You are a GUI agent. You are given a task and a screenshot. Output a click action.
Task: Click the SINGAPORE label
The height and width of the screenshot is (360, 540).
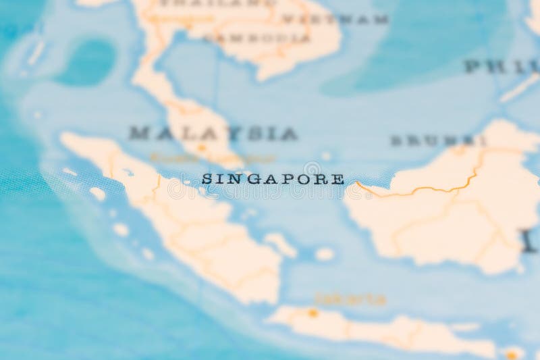click(273, 180)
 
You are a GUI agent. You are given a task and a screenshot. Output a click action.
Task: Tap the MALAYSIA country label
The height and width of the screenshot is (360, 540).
click(213, 133)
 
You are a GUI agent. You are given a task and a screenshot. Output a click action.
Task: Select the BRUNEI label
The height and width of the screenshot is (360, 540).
click(437, 140)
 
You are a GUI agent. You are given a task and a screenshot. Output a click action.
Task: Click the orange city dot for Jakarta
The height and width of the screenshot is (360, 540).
click(313, 313)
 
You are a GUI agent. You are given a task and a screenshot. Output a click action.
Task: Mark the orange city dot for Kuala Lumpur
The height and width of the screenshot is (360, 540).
click(201, 147)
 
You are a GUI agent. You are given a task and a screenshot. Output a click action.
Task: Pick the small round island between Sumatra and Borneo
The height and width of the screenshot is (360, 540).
click(325, 254)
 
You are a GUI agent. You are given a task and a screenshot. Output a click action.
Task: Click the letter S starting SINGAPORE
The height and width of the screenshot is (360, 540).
click(207, 180)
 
